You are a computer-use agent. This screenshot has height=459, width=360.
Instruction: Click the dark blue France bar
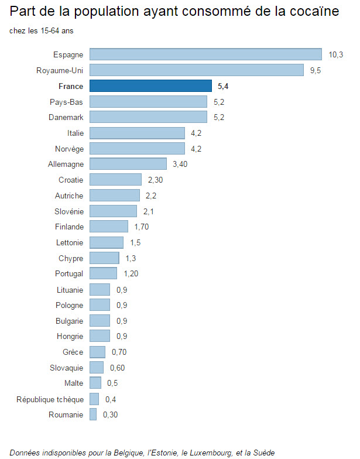(150, 86)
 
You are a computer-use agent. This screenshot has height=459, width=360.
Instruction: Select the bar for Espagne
(205, 54)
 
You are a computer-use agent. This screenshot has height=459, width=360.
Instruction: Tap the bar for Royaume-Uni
(196, 70)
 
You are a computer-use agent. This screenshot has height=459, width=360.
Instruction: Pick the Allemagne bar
(128, 164)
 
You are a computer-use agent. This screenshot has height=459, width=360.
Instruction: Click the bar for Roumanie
(93, 415)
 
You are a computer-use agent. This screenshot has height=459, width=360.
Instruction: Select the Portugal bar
(104, 273)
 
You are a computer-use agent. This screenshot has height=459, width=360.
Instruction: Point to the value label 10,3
(335, 54)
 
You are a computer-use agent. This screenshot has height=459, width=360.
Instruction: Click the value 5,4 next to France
(222, 86)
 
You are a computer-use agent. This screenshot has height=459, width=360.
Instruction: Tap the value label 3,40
(180, 164)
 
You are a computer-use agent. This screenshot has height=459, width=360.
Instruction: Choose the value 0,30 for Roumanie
(110, 415)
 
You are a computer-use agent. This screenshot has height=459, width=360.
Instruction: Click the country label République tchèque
(50, 399)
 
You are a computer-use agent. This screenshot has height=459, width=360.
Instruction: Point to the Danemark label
(66, 117)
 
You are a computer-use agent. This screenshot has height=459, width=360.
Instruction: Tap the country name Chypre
(71, 258)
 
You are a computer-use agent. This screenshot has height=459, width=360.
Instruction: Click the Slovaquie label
(66, 368)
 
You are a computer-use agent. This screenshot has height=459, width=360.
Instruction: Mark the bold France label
(71, 86)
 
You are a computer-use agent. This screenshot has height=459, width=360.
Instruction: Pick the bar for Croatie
(116, 180)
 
